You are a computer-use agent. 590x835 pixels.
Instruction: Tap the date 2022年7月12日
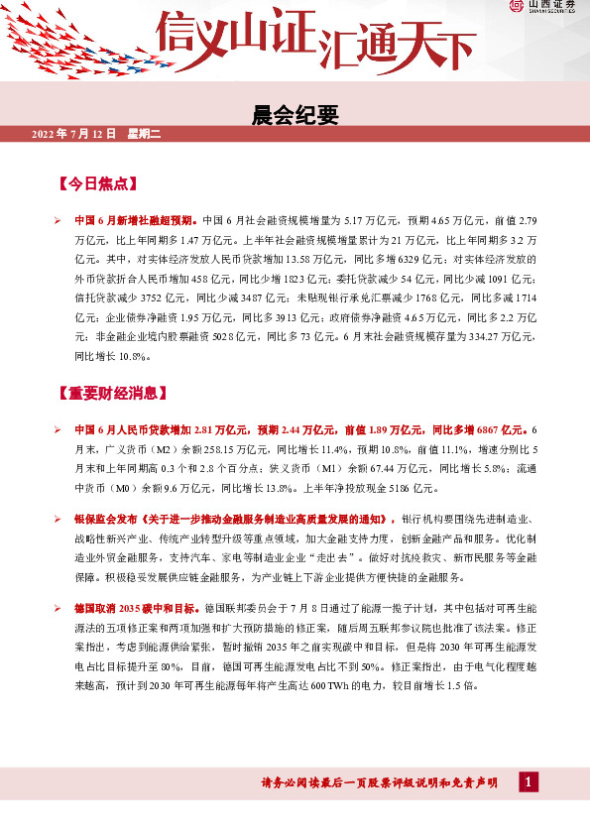click(74, 134)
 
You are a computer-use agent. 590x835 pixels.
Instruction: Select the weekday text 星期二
click(146, 134)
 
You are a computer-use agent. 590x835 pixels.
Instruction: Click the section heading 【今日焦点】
click(99, 184)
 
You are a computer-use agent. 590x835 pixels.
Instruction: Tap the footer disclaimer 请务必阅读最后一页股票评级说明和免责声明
click(379, 784)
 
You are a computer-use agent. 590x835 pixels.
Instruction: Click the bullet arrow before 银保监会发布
click(59, 519)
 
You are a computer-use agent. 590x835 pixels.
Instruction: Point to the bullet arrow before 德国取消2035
click(59, 605)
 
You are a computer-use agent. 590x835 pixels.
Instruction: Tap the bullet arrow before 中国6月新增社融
click(59, 219)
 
